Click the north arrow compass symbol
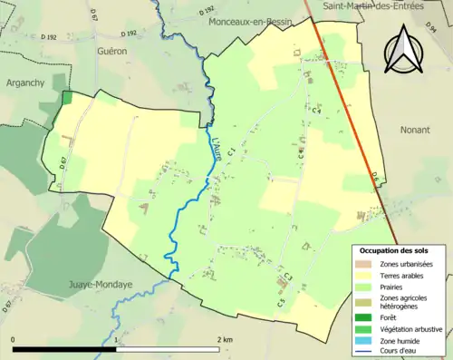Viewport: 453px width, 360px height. [404, 50]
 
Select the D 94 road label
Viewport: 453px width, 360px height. [429, 31]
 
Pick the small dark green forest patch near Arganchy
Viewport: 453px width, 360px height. [65, 98]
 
